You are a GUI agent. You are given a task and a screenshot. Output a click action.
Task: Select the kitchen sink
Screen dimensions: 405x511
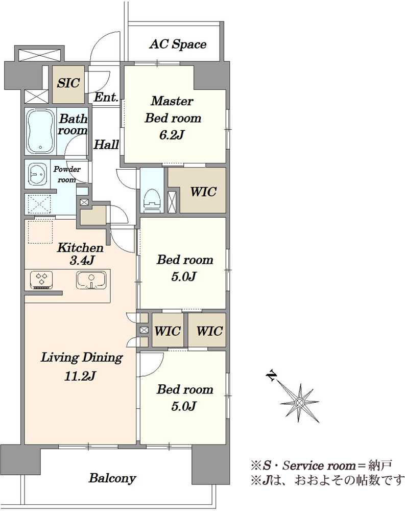click(91, 280)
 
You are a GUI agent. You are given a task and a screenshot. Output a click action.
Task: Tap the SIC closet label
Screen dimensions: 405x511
click(68, 83)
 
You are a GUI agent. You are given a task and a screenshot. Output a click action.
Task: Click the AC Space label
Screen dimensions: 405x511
click(178, 44)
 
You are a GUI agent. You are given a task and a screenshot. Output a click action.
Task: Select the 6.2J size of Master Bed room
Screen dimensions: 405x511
click(172, 134)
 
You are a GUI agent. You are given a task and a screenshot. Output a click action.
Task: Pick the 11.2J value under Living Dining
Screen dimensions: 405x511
click(80, 376)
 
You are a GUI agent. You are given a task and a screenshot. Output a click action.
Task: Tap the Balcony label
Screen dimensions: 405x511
click(112, 478)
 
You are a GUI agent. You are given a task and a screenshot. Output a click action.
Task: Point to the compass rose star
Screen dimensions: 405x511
click(299, 403)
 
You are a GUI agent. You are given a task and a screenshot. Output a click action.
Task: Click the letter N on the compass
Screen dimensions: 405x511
click(271, 376)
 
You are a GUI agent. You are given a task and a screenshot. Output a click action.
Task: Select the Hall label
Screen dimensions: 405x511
click(106, 145)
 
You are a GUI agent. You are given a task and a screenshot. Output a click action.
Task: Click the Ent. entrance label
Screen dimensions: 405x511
click(106, 97)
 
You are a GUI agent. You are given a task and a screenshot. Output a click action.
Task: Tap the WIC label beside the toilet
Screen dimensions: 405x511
click(203, 192)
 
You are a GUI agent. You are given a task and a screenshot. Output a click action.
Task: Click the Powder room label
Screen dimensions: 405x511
click(67, 174)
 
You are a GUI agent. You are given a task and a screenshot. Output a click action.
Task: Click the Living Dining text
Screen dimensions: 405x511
click(82, 358)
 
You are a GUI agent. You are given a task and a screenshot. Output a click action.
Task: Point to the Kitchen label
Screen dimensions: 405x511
click(80, 248)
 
